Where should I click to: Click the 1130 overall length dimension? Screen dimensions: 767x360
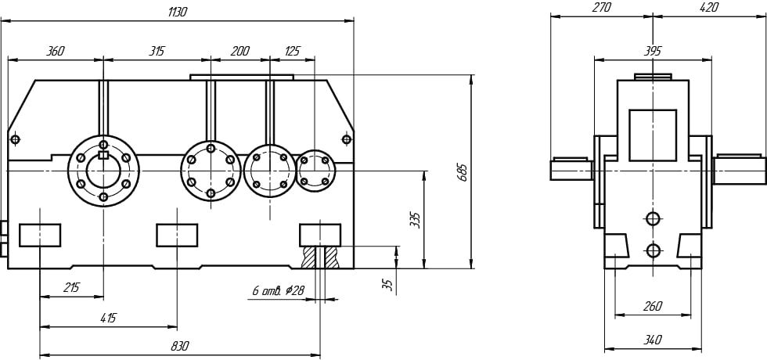coord(177,13)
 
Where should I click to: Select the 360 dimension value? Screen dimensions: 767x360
coord(55,52)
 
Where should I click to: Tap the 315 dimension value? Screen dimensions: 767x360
coord(157,52)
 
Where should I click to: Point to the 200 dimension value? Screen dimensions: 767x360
coord(239,52)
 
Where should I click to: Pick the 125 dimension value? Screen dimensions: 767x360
coord(292,52)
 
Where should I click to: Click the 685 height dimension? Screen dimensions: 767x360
coord(463,172)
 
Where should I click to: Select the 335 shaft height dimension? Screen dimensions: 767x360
coord(415,221)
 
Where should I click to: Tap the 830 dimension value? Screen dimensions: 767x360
coord(179,346)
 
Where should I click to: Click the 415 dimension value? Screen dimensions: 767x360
coord(108,319)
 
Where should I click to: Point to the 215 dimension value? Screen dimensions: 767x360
coord(71,288)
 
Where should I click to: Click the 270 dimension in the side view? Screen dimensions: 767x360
coord(601,7)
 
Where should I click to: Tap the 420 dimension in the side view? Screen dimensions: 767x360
coord(709,7)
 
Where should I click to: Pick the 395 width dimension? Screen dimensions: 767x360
coord(653,51)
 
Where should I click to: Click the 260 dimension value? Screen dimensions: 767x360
coord(653,307)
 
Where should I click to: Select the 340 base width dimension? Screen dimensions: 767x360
coord(653,340)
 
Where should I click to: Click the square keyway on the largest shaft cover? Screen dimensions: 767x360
coord(103,155)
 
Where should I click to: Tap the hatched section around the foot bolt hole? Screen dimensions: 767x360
coord(320,257)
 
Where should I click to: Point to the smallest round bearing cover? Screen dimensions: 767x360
coord(315,171)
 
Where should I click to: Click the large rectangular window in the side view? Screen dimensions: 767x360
coord(653,135)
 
